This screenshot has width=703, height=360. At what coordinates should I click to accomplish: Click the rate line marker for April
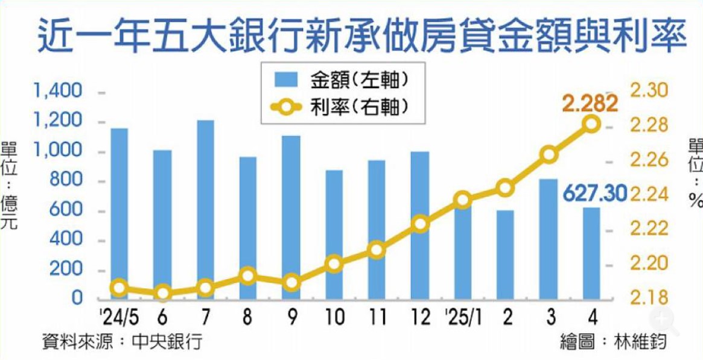pos(591,124)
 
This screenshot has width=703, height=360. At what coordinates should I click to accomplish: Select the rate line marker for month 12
pos(421,224)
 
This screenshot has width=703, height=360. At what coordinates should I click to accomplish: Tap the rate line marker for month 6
pos(162,294)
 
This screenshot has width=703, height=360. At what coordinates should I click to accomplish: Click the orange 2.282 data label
pos(590,104)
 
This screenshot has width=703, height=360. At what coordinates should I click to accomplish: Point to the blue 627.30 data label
pos(595,194)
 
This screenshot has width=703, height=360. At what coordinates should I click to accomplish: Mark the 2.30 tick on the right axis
pos(649,91)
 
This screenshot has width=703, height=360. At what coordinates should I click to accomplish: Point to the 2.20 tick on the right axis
pos(649,264)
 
